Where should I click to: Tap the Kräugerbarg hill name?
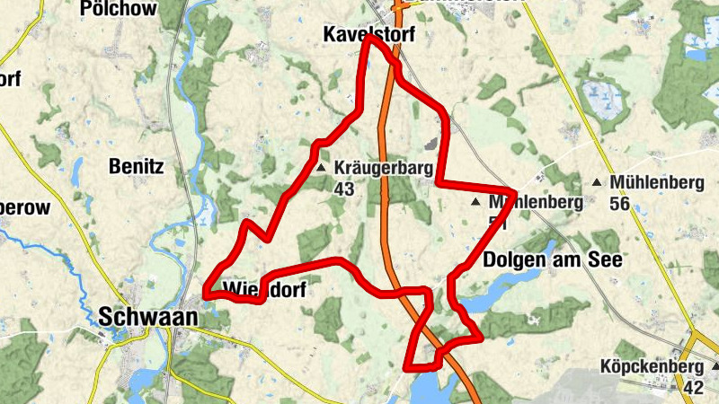384,168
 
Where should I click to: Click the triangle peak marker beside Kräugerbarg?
321,167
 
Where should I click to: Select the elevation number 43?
343,189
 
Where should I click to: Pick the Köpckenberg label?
652,367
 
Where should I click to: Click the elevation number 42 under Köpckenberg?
693,388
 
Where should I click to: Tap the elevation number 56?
619,204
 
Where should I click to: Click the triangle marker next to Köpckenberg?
715,367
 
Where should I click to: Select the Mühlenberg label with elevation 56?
656,182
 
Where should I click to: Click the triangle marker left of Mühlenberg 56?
597,182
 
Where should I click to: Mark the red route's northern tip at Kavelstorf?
370,40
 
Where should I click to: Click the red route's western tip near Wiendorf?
205,293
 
